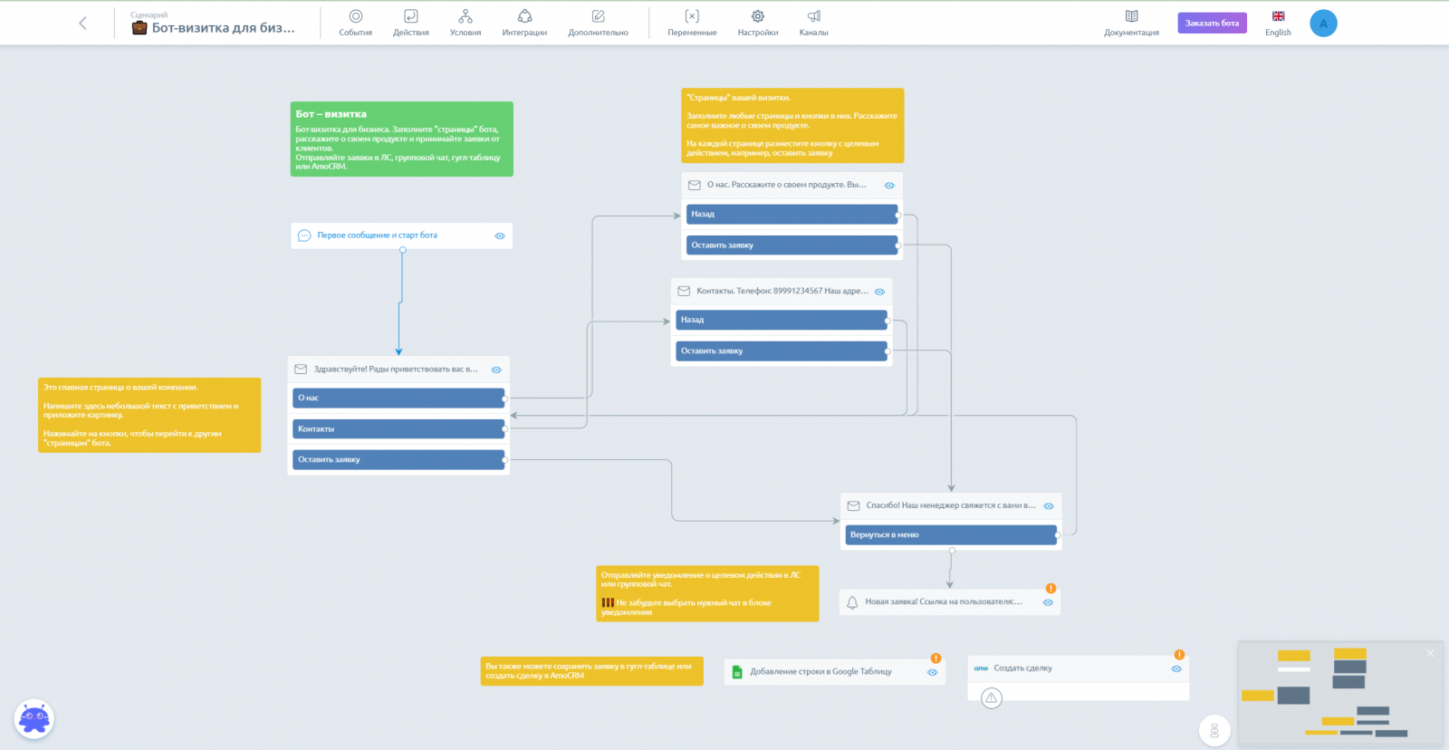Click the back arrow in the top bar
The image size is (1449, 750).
click(82, 24)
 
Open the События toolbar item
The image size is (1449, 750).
click(356, 23)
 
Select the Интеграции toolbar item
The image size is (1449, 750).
click(524, 23)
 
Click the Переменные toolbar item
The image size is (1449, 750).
click(692, 23)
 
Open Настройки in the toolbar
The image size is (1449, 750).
click(758, 23)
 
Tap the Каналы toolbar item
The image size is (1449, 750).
click(813, 23)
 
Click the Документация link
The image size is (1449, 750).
click(1131, 23)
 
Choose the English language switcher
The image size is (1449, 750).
click(1278, 23)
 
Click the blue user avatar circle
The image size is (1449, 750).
click(1323, 24)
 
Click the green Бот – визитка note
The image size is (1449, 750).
click(401, 139)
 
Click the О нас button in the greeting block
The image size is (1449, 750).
click(399, 398)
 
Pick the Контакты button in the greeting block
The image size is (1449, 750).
click(399, 428)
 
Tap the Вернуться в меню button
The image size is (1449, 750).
click(951, 535)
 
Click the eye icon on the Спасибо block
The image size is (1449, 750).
click(1049, 506)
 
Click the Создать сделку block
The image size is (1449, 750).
click(1069, 668)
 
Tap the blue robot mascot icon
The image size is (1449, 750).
click(34, 719)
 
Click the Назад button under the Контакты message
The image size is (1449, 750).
click(781, 320)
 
